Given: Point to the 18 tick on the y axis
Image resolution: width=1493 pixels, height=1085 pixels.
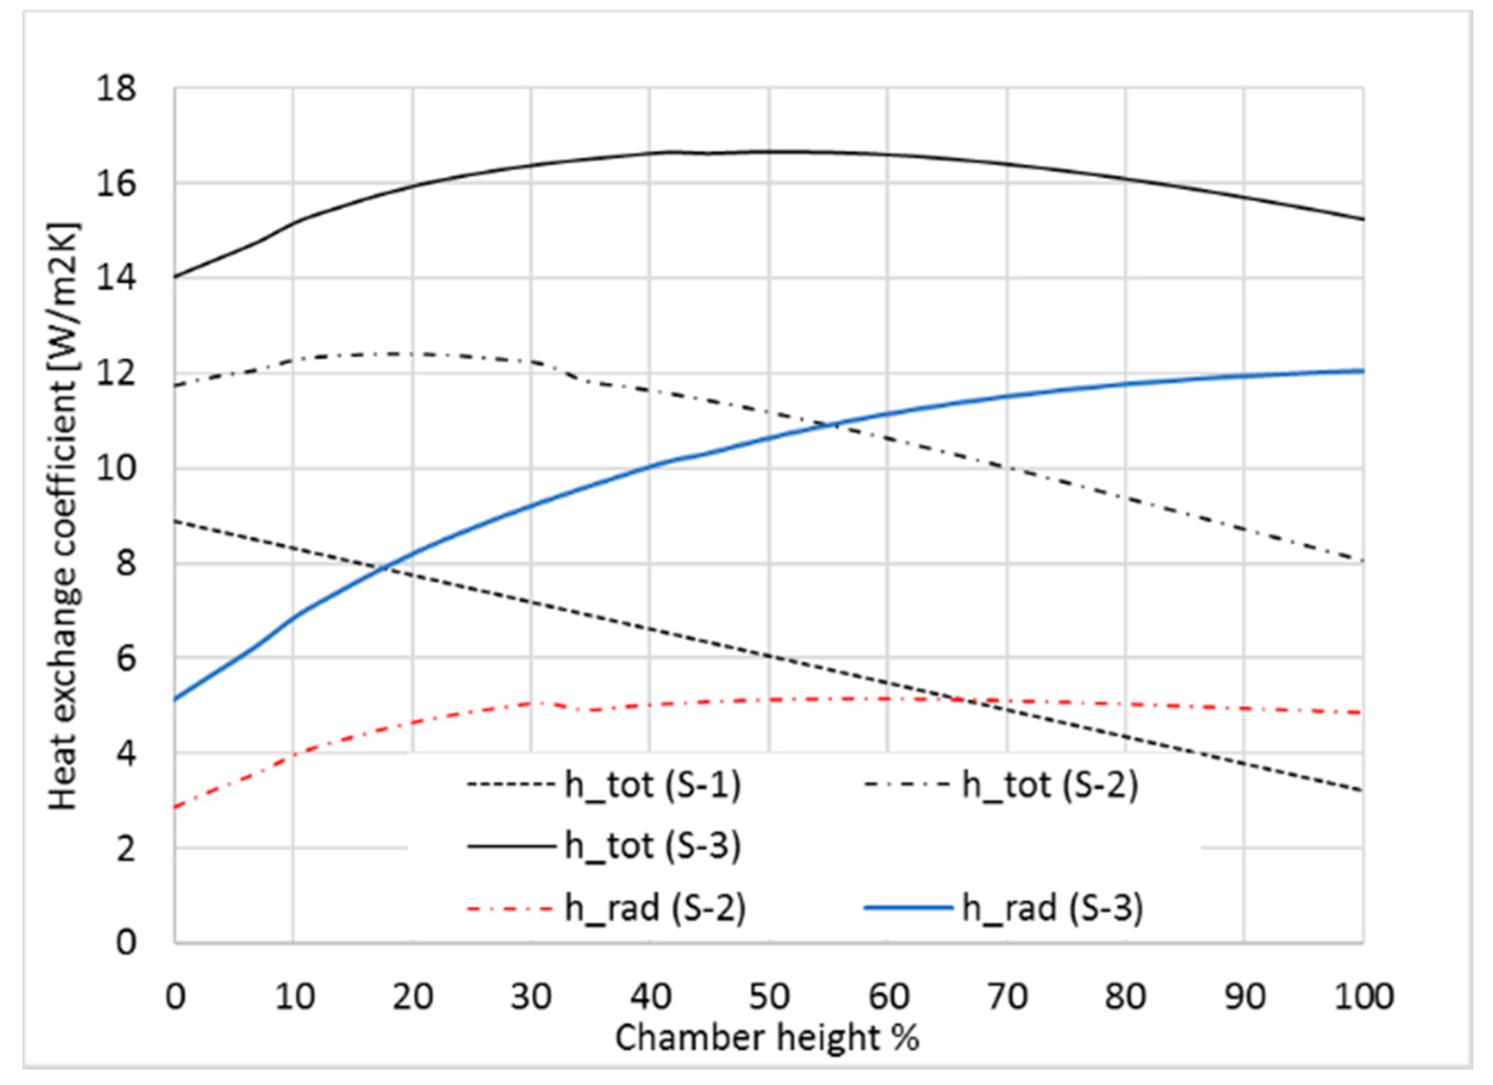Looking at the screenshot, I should [116, 89].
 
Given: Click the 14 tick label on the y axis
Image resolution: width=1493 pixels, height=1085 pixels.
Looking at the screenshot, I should [116, 278].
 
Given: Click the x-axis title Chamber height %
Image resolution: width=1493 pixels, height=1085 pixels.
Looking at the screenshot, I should [767, 1038].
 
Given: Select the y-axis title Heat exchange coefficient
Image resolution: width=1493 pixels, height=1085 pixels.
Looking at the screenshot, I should [64, 517].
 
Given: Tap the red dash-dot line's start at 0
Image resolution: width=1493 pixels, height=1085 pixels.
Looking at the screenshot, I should [175, 808].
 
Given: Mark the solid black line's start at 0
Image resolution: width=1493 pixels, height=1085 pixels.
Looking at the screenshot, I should [175, 277].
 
